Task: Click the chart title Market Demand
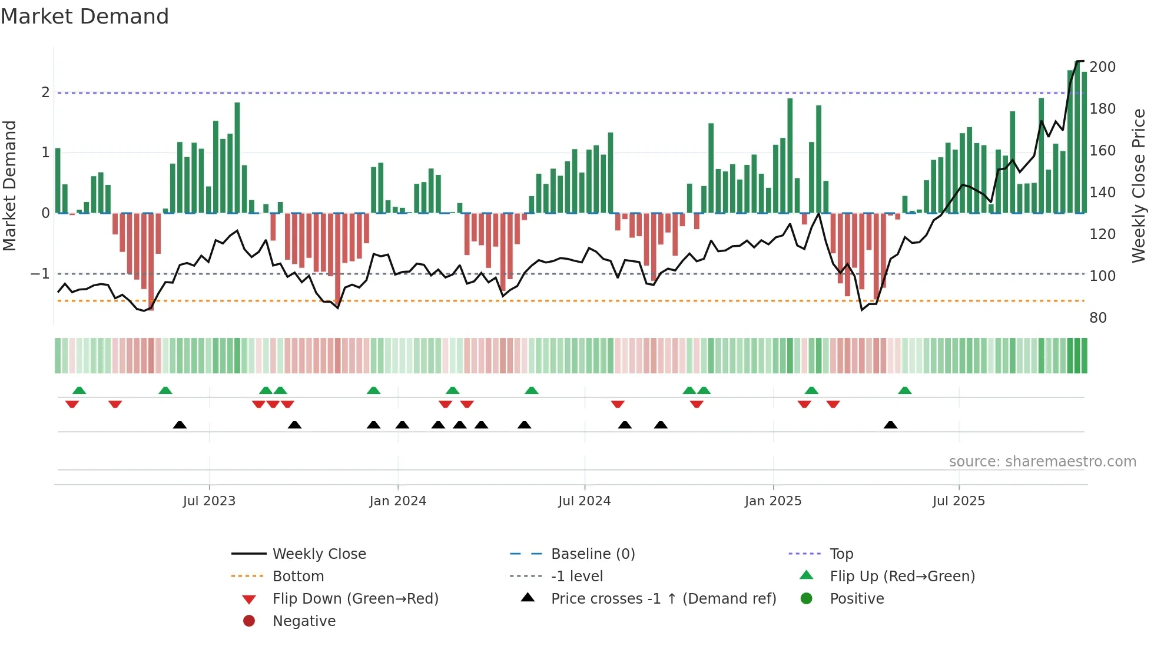[x=85, y=16]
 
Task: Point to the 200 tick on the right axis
[x=1102, y=67]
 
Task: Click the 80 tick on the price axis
[x=1098, y=318]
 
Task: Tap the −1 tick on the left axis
[x=40, y=274]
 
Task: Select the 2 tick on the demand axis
[x=45, y=92]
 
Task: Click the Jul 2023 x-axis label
[x=209, y=501]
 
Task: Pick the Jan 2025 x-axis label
[x=772, y=501]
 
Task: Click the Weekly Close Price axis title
[x=1139, y=186]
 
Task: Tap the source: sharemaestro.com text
[x=1042, y=462]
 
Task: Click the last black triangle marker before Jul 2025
[x=890, y=425]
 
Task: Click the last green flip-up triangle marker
[x=905, y=390]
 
